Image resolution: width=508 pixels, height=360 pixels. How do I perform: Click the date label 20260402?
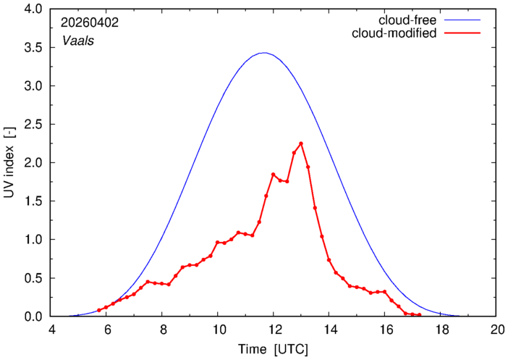[90, 22]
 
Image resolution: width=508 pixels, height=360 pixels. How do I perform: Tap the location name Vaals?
[78, 41]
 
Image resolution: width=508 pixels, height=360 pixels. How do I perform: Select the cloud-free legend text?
[407, 20]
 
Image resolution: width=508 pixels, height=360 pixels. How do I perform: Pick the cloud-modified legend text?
[394, 33]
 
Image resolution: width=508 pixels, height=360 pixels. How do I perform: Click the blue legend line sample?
[462, 20]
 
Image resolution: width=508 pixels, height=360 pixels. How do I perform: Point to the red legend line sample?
[462, 33]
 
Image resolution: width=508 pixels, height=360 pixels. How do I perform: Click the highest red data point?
[301, 143]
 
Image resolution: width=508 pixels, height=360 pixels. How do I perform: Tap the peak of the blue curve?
[265, 53]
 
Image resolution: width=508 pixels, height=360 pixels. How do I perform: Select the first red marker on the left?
[99, 310]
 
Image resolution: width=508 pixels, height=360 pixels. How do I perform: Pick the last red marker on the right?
[420, 315]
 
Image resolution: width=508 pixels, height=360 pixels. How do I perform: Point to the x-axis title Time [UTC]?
[273, 349]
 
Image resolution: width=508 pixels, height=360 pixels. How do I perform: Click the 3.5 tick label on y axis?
[33, 48]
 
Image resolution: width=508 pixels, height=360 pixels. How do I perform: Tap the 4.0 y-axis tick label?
[33, 9]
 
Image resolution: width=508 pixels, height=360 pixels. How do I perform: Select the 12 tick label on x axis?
[273, 330]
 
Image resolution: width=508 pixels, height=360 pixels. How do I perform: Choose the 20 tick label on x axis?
[496, 330]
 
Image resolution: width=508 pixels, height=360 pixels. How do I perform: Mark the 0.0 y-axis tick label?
[33, 317]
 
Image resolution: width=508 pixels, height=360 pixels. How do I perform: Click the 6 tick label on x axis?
[106, 330]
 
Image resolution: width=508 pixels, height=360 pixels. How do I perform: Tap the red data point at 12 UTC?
[273, 175]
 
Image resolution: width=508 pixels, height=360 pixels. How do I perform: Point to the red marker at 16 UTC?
[384, 292]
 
